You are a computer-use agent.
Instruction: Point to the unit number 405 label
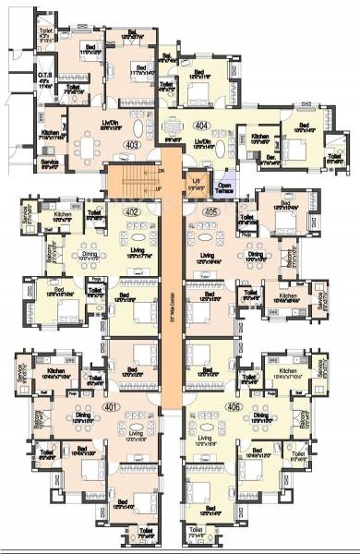pos(207,211)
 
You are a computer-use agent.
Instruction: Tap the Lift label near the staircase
pos(196,181)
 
